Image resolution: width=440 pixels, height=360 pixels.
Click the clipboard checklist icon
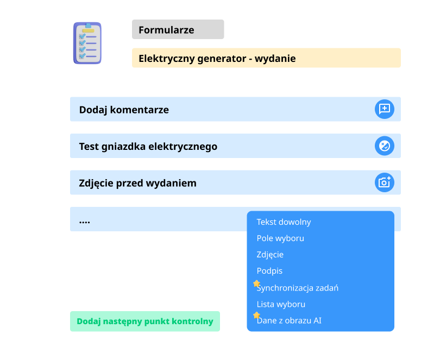(87, 43)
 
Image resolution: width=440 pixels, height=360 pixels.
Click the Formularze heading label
(166, 30)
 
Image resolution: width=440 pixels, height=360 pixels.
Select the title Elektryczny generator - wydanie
(217, 58)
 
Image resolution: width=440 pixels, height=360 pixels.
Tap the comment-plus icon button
(385, 109)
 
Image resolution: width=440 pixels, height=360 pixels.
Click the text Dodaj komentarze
(124, 110)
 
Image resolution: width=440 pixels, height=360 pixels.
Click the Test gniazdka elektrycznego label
(148, 147)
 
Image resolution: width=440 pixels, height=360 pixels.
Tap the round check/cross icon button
(385, 146)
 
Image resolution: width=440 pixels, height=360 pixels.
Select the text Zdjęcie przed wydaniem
(138, 183)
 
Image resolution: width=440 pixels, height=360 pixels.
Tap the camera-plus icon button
(385, 182)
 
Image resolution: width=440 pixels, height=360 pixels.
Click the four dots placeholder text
(84, 223)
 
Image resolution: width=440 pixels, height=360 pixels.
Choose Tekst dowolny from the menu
(284, 222)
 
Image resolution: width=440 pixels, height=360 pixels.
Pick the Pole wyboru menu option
(280, 238)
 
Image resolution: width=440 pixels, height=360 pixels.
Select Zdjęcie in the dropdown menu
(270, 255)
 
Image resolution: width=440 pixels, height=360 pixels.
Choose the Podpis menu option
(269, 271)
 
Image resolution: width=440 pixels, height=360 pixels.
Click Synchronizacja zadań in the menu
(298, 288)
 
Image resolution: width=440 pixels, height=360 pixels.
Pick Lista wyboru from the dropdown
(281, 304)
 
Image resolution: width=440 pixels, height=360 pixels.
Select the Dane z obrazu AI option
(289, 320)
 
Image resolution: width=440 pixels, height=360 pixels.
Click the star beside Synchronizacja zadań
(256, 283)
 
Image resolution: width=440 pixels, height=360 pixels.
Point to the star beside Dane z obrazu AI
(256, 315)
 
